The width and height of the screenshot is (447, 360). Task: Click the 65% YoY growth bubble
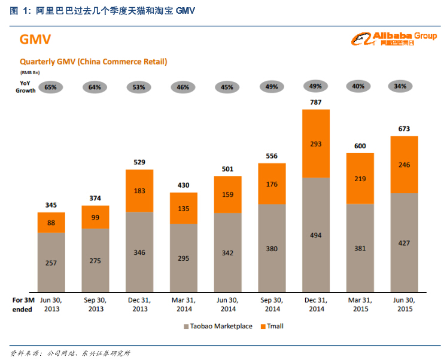[51, 87]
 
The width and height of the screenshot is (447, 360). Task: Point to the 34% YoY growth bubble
[400, 86]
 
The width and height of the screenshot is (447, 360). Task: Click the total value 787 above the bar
[315, 102]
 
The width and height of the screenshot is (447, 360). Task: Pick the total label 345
[51, 206]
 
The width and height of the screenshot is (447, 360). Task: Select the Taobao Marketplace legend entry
[217, 326]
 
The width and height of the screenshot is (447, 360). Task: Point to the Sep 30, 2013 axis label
[96, 304]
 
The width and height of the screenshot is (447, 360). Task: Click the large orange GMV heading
[35, 40]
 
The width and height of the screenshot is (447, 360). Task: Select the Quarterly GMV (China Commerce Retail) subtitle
[93, 62]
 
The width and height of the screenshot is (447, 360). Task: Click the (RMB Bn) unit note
[30, 72]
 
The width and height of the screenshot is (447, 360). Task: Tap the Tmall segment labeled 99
[96, 217]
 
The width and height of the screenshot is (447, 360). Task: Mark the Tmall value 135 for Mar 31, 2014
[183, 209]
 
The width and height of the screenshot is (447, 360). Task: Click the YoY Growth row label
[25, 87]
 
